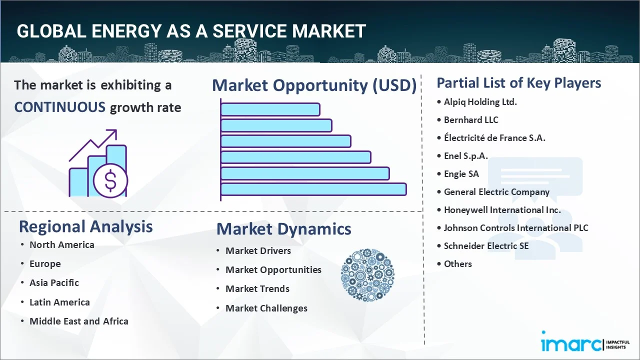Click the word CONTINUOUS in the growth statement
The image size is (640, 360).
(x=59, y=107)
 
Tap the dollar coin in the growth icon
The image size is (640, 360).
(x=110, y=181)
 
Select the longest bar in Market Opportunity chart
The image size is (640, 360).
(x=313, y=189)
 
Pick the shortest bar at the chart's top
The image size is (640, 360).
(x=270, y=109)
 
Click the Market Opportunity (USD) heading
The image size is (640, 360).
(x=314, y=85)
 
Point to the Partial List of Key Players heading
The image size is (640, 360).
(x=519, y=82)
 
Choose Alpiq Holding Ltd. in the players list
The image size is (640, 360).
(x=480, y=102)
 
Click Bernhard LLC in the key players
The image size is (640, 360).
(x=471, y=120)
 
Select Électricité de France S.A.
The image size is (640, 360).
(x=494, y=138)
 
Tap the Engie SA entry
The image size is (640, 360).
(x=461, y=174)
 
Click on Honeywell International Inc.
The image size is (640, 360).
(x=502, y=210)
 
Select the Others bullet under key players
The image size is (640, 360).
(x=457, y=264)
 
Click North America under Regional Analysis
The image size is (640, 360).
(x=61, y=244)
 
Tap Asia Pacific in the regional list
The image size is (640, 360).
(x=54, y=282)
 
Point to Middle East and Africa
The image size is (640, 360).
(x=78, y=321)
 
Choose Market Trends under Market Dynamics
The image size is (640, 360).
(x=257, y=288)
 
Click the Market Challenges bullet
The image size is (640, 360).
(x=266, y=308)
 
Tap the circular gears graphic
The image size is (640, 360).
(x=367, y=275)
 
